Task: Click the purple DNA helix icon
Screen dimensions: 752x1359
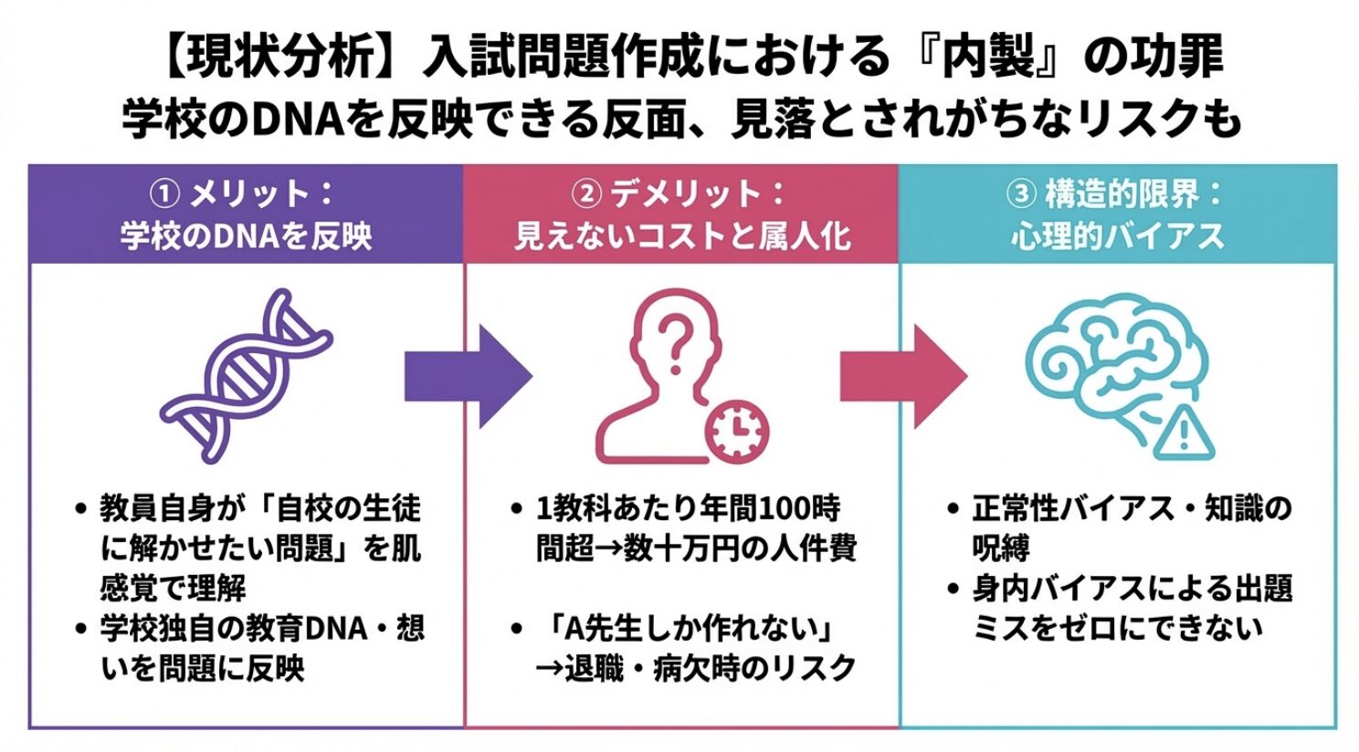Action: point(245,375)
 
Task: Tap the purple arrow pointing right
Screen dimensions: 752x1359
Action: point(467,377)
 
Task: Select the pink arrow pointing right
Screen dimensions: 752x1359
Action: point(902,377)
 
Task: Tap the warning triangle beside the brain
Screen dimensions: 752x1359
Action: point(1185,431)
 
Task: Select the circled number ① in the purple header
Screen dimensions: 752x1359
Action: point(163,193)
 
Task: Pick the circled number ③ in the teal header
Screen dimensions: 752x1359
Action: point(1020,193)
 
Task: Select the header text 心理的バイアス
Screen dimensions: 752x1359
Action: point(1117,236)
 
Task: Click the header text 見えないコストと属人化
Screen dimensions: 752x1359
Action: point(681,236)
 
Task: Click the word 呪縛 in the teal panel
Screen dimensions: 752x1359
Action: point(1001,548)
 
